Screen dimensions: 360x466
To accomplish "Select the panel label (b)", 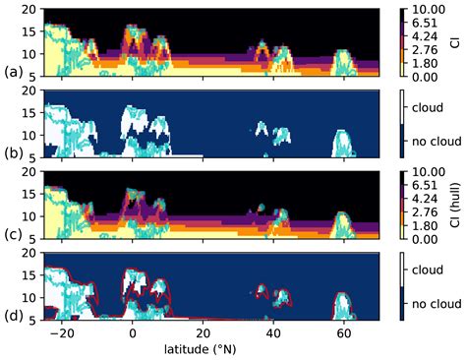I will click(x=14, y=154).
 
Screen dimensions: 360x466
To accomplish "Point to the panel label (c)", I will click(x=14, y=236).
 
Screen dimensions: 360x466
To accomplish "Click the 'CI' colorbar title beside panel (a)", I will click(x=458, y=42).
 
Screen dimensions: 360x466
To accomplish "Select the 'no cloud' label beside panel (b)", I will click(x=437, y=142).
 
